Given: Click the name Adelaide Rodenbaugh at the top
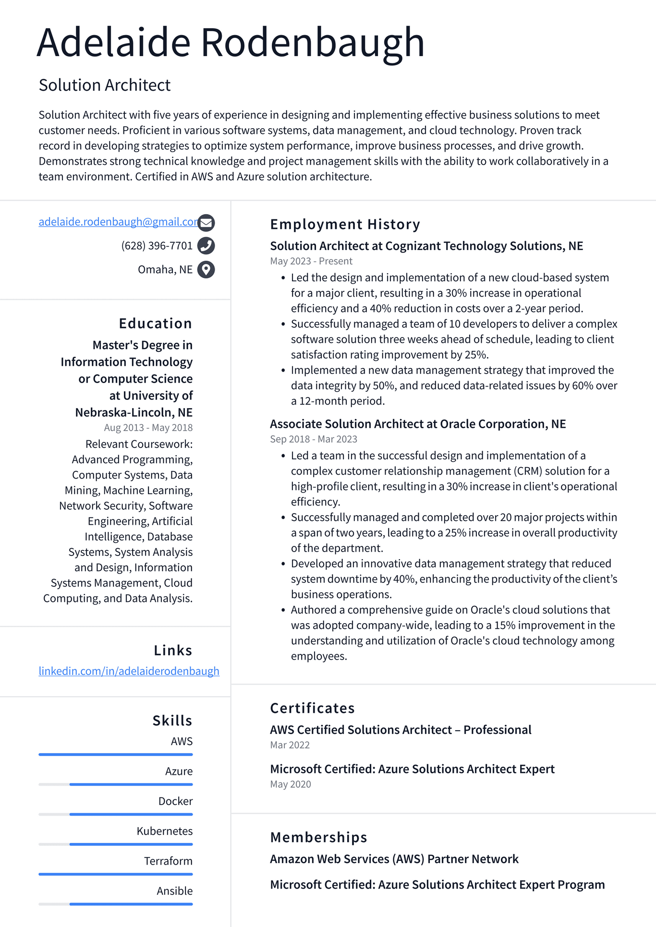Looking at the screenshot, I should point(231,43).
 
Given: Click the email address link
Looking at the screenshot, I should point(118,222).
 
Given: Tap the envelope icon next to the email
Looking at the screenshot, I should point(206,223).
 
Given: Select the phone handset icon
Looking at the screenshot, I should point(206,246).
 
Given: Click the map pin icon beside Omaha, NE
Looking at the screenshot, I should point(206,269).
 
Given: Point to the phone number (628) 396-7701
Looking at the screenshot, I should point(157,246).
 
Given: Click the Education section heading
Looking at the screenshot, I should point(155,324).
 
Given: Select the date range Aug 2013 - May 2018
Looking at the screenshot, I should point(148,428).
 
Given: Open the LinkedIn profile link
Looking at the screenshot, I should point(129,671).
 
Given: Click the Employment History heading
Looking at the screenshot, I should point(345,224).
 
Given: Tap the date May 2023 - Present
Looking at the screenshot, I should point(311,261).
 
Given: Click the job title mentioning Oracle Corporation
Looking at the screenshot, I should point(418,424).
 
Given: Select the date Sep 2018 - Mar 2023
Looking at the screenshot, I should point(313,439).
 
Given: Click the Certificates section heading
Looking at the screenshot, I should point(312,708).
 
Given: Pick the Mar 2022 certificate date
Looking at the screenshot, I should point(290,745).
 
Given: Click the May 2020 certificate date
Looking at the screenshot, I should point(290,784).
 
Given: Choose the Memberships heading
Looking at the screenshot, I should point(318,837).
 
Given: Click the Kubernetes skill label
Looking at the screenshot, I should point(164,831).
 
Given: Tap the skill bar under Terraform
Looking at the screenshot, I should point(115,874).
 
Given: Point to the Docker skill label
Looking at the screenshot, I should point(175,801).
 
